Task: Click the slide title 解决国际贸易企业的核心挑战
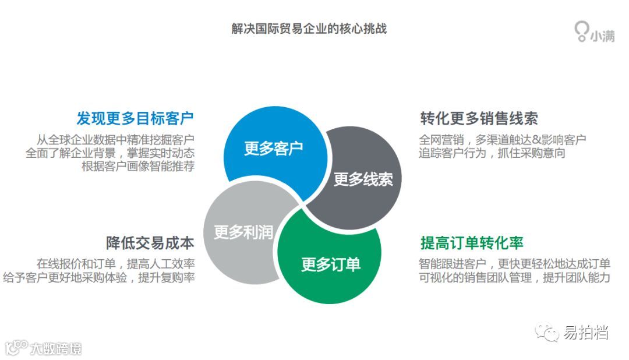309,29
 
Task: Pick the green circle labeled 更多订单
331,264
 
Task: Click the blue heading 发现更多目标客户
135,118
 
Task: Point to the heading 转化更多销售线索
479,118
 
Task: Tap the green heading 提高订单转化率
472,242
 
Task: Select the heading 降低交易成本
150,242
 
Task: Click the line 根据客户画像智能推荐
138,166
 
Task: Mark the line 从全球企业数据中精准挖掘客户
115,140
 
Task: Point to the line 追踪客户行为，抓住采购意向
492,153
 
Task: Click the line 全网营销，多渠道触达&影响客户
502,140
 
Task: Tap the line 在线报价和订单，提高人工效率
115,263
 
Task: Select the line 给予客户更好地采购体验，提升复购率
98,277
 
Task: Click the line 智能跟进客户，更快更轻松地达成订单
514,263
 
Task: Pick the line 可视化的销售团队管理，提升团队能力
514,277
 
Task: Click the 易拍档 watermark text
586,333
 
